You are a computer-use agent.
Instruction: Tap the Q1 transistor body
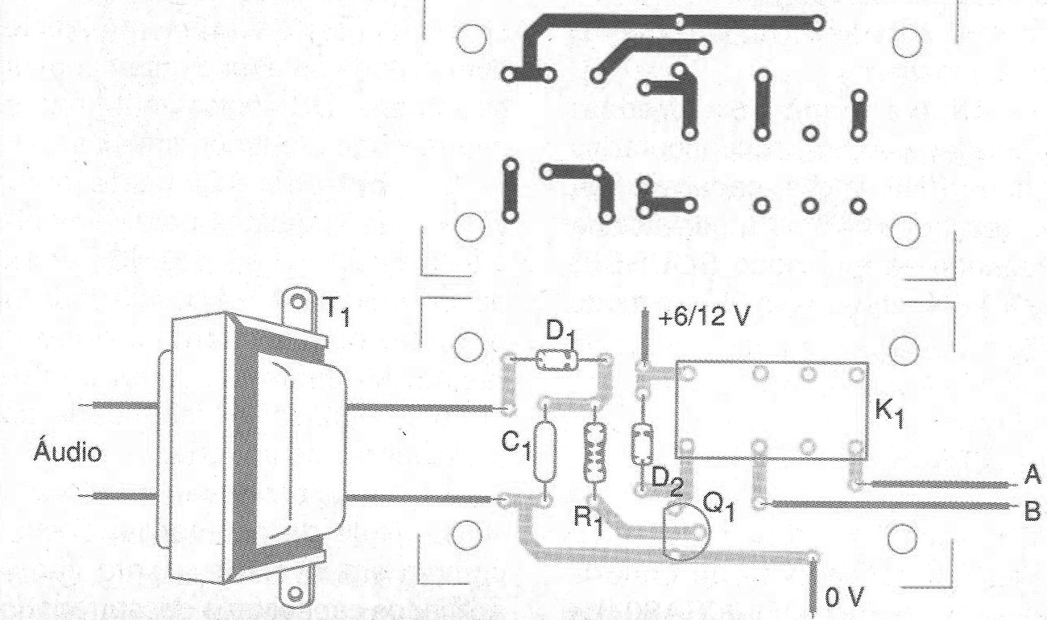point(685,531)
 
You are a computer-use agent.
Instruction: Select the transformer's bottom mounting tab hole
point(295,593)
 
